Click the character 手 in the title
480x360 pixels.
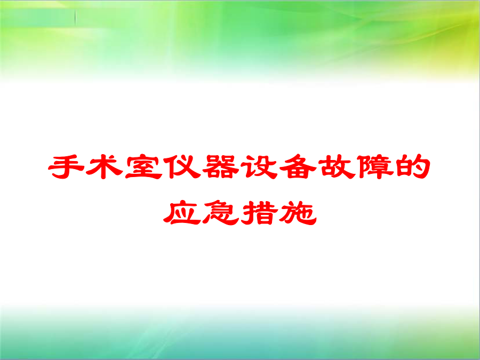66,166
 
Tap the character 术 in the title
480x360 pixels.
105,166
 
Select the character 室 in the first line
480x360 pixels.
143,166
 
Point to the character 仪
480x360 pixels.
182,166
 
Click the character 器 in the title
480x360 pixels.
220,166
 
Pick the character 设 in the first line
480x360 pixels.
259,166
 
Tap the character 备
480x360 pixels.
298,166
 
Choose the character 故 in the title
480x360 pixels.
336,166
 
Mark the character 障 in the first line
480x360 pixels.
375,166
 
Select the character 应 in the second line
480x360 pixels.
182,213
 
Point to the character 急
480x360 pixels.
220,213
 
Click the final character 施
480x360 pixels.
298,213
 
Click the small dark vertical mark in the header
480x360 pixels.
75,17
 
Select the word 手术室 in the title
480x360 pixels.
105,167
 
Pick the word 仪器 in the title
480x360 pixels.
201,167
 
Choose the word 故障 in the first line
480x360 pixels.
356,167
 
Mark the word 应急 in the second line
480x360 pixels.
201,213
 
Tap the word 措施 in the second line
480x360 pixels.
279,213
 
